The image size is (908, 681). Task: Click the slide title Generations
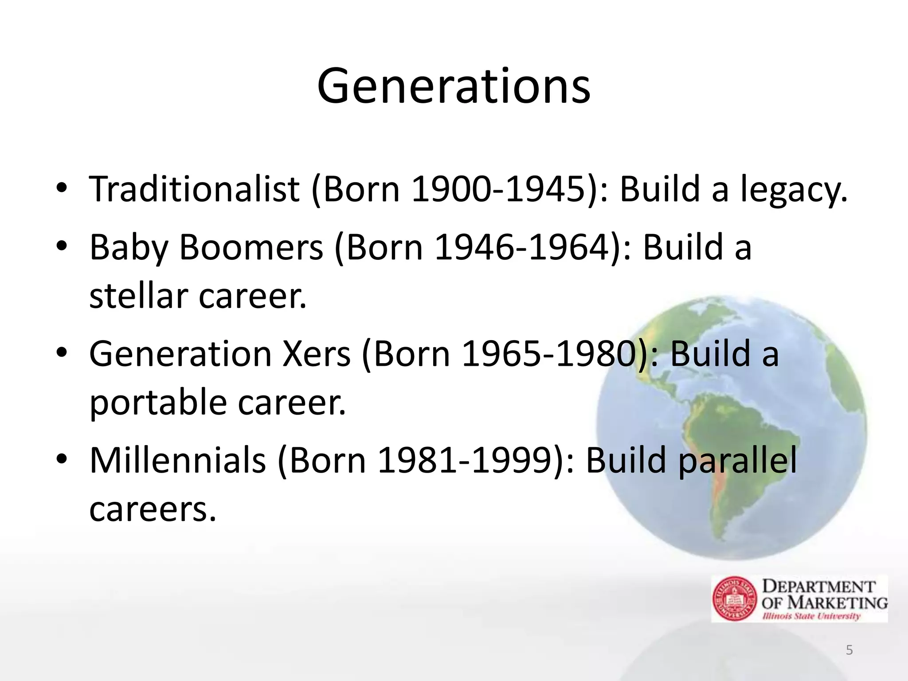tap(454, 86)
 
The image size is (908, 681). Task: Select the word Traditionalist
tap(194, 189)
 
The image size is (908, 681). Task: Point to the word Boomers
tap(251, 247)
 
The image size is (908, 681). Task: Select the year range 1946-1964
tap(522, 247)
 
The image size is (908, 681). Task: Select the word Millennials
tap(177, 460)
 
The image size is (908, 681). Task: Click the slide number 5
tap(849, 650)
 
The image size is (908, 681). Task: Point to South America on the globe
tap(718, 439)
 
